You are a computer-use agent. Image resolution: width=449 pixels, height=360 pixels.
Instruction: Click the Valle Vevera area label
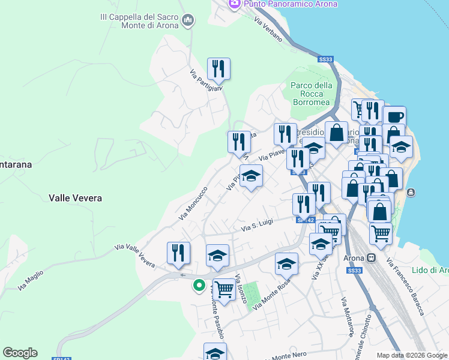(x=75, y=198)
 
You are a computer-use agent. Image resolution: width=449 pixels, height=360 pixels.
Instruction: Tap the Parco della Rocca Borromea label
(x=312, y=94)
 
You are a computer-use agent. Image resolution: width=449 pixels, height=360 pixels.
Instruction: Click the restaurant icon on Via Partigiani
(x=219, y=70)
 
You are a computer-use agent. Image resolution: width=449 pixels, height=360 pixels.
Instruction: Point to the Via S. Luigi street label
(x=257, y=224)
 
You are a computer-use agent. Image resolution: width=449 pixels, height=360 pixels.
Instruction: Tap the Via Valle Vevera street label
(x=134, y=256)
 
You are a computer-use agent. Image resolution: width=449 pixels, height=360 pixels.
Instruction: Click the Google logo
(x=20, y=353)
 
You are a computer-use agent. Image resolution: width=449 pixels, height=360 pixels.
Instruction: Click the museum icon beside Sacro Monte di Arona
(x=188, y=22)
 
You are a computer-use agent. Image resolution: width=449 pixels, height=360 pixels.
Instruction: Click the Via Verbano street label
(x=268, y=29)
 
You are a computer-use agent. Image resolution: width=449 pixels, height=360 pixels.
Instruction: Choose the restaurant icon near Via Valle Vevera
(x=178, y=253)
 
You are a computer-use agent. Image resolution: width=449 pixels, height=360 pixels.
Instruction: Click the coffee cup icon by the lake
(x=395, y=118)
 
